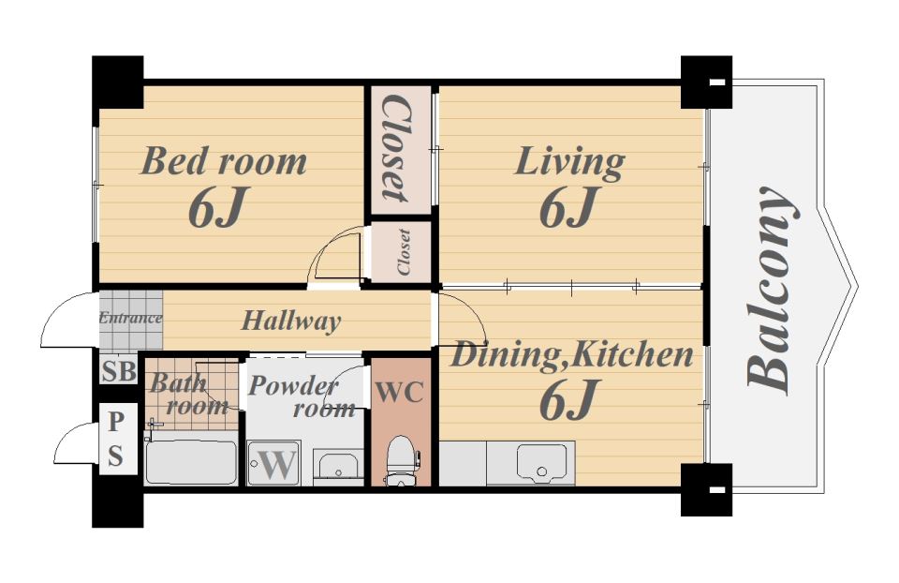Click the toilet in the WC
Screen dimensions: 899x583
tap(402, 461)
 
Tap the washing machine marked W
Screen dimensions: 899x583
tap(274, 463)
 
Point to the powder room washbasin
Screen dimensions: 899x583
tap(338, 467)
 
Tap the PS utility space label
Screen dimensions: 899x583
tap(116, 439)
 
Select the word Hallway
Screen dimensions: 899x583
tap(291, 321)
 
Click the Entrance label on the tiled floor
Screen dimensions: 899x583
tap(130, 318)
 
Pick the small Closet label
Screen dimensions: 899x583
tap(404, 251)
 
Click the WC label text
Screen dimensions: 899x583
tap(400, 393)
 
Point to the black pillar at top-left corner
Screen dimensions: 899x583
tap(118, 82)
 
